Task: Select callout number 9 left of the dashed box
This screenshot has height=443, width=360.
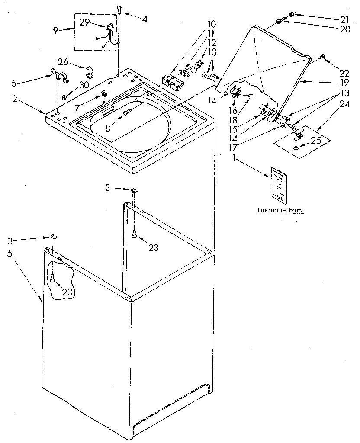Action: point(55,30)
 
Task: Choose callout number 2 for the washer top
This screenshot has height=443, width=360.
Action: point(15,100)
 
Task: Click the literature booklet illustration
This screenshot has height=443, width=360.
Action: point(278,184)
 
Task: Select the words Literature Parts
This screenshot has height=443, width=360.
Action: point(280,210)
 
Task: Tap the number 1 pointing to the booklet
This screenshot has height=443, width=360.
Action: point(234,158)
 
